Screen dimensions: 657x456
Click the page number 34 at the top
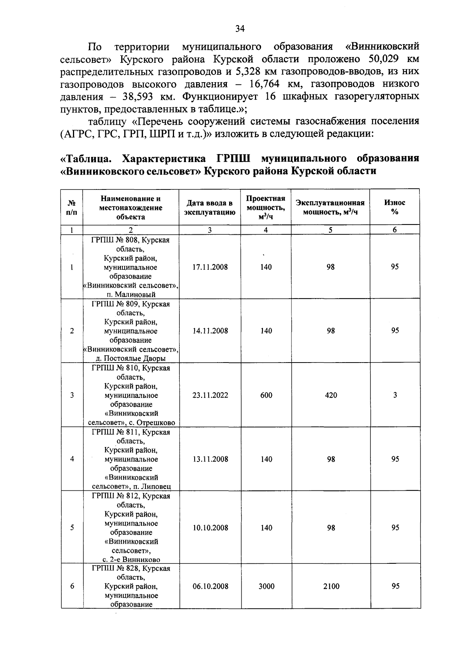coord(240,29)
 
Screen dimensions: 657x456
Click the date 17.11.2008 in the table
coord(210,267)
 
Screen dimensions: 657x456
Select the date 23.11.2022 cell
coord(210,395)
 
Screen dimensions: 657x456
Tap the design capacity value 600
coord(266,395)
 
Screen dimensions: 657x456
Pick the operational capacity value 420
coord(331,395)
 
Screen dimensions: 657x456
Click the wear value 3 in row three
coord(395,395)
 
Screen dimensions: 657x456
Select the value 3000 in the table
coord(266,586)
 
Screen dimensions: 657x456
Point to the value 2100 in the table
coord(331,586)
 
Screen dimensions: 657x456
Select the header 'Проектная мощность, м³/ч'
coord(266,207)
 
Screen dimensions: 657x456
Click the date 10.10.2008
coord(210,528)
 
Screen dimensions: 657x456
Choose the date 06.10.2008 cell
coord(210,586)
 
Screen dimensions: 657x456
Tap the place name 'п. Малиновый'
coord(131,294)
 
